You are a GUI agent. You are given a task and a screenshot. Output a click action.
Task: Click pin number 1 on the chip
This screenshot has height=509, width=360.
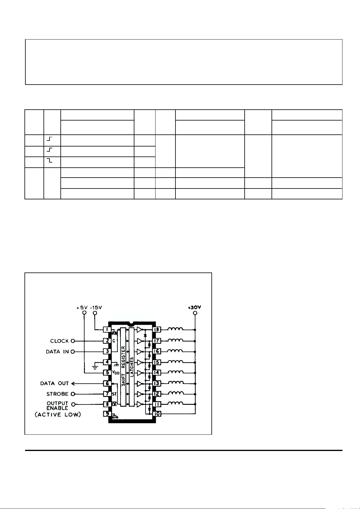pyautogui.click(x=107, y=329)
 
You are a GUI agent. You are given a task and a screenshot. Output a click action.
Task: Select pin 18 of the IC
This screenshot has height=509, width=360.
pyautogui.click(x=157, y=329)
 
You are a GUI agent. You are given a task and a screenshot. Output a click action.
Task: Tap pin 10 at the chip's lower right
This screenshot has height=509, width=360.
pyautogui.click(x=157, y=414)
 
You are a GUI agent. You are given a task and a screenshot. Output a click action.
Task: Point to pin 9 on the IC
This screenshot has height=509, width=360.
pyautogui.click(x=107, y=414)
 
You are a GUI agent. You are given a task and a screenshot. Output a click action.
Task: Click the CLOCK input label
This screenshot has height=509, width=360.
pyautogui.click(x=59, y=341)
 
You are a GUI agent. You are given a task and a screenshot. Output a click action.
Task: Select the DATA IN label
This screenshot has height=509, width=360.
pyautogui.click(x=57, y=352)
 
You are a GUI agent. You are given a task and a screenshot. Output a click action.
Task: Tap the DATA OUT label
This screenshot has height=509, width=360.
pyautogui.click(x=55, y=383)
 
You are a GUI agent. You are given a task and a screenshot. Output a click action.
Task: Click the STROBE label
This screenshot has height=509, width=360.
pyautogui.click(x=57, y=394)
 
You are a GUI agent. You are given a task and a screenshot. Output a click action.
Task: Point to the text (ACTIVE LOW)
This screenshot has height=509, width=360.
pyautogui.click(x=58, y=414)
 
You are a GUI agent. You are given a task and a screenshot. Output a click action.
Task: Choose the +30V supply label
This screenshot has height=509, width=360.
pyautogui.click(x=194, y=307)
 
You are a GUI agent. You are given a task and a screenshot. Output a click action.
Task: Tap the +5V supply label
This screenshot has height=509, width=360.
pyautogui.click(x=82, y=308)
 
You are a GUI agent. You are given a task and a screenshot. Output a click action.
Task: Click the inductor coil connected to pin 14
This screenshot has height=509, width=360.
pyautogui.click(x=175, y=372)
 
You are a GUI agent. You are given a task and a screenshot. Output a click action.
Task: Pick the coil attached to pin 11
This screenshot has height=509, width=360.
pyautogui.click(x=175, y=404)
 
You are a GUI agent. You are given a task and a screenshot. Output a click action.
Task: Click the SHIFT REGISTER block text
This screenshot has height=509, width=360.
pyautogui.click(x=123, y=366)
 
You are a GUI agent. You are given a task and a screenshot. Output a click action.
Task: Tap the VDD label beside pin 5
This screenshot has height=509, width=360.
pyautogui.click(x=116, y=373)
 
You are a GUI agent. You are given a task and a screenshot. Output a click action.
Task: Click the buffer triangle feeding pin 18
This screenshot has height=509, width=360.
pyautogui.click(x=139, y=329)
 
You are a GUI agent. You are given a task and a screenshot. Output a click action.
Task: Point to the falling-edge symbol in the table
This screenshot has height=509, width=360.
pyautogui.click(x=50, y=160)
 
